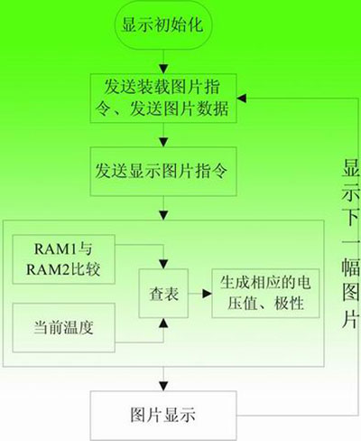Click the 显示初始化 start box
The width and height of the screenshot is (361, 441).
163,24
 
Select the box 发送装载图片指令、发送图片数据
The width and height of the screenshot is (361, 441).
163,99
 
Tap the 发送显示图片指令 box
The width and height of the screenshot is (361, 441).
163,172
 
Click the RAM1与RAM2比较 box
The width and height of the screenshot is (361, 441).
63,259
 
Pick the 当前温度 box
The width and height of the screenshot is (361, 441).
63,328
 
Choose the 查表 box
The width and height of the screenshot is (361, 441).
163,294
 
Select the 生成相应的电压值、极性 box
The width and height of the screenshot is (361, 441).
265,294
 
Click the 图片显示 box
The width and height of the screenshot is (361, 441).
163,416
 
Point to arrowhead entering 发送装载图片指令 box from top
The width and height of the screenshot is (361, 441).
163,69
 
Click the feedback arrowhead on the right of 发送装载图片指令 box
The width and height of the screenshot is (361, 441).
242,99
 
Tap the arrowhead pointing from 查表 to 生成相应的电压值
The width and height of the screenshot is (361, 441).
207,294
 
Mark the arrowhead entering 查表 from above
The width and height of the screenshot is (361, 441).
163,264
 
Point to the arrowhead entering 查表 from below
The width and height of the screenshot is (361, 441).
163,323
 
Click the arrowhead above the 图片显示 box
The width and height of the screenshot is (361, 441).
163,386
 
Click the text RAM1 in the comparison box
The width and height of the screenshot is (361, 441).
51,249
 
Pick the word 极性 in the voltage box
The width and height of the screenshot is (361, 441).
289,303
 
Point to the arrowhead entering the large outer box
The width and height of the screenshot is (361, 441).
163,215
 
